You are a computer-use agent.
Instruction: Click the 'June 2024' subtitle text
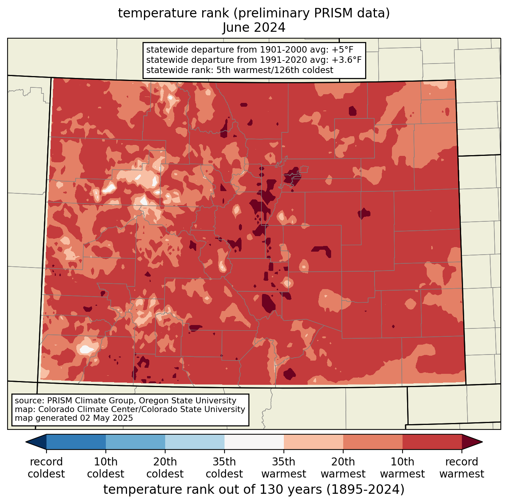pos(254,28)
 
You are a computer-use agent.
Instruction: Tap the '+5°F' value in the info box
pos(342,50)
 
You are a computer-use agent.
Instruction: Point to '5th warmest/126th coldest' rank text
pos(275,70)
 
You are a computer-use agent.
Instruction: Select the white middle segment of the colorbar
pos(254,442)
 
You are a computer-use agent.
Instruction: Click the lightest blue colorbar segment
pos(195,442)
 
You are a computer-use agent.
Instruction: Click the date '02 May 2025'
pos(105,418)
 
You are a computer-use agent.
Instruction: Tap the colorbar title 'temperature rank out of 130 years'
pos(212,489)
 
